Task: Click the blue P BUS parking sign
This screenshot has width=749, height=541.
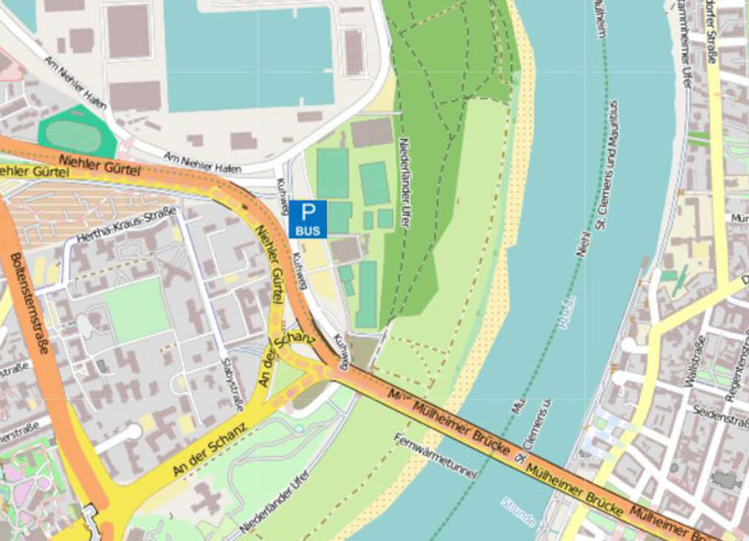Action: click(308, 219)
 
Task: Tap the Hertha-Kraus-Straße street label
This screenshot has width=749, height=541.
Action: click(126, 225)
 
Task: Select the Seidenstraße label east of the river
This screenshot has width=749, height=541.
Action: click(720, 415)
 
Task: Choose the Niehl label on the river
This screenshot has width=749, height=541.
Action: click(583, 242)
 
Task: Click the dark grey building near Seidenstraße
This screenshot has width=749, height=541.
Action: click(725, 480)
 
